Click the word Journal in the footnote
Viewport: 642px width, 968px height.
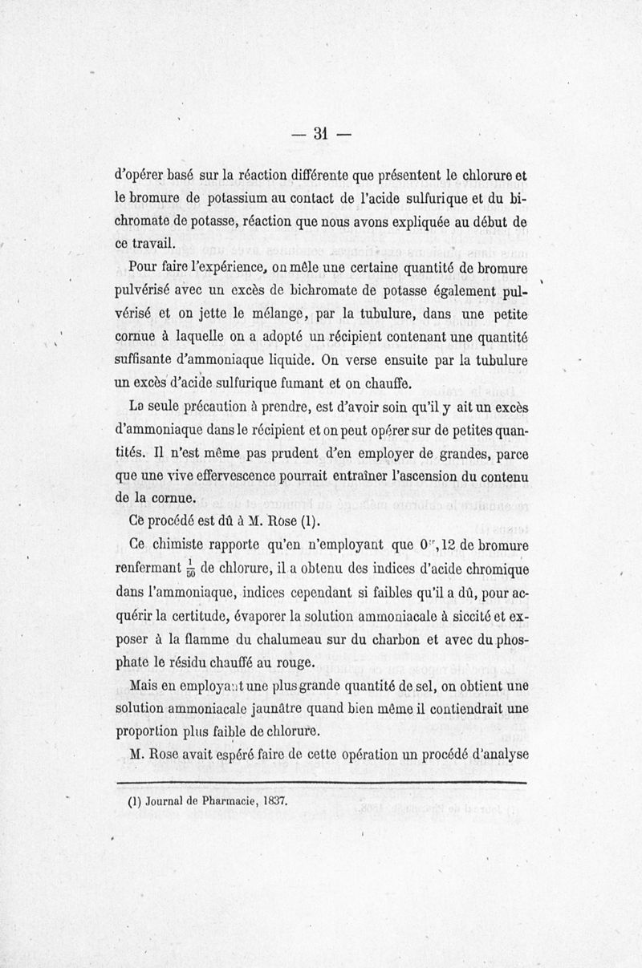click(x=166, y=800)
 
